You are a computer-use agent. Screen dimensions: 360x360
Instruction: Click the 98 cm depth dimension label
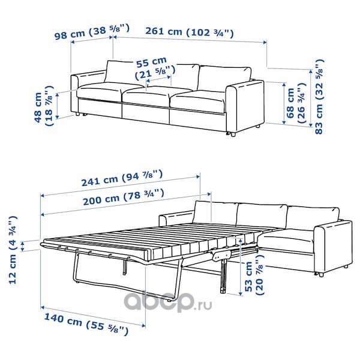pyautogui.click(x=92, y=32)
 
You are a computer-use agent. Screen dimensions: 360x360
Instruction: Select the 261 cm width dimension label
pyautogui.click(x=190, y=32)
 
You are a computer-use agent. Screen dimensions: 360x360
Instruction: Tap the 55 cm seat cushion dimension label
pyautogui.click(x=155, y=68)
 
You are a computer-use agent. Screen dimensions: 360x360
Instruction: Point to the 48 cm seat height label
pyautogui.click(x=44, y=106)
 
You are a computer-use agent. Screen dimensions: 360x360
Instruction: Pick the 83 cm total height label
pyautogui.click(x=319, y=97)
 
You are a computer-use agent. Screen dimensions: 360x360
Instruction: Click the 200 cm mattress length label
pyautogui.click(x=124, y=197)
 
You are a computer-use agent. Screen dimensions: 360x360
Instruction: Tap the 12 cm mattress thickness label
pyautogui.click(x=13, y=250)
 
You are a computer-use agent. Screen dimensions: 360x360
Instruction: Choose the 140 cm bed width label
pyautogui.click(x=86, y=324)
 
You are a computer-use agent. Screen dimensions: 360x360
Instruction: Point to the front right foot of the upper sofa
pyautogui.click(x=233, y=134)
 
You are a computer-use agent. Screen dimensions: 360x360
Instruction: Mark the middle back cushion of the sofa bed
pyautogui.click(x=262, y=216)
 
